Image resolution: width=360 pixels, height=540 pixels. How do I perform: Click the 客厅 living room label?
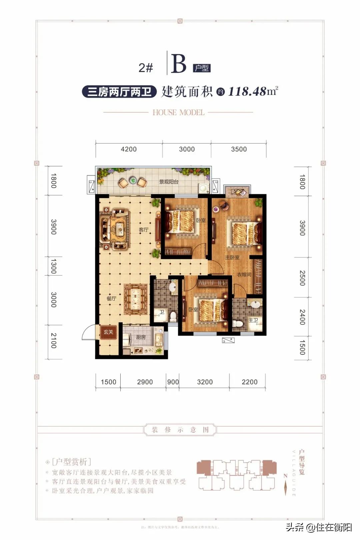tap(143, 230)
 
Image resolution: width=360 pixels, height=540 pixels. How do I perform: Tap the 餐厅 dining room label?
tap(111, 298)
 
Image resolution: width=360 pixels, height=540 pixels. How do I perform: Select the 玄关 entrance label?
tap(108, 332)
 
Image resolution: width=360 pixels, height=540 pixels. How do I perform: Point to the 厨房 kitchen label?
tap(141, 337)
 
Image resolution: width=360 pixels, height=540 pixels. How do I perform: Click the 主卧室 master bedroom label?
tap(232, 257)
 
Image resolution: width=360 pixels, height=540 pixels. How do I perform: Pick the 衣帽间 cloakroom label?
tap(244, 275)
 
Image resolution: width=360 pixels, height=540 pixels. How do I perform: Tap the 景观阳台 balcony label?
tap(169, 182)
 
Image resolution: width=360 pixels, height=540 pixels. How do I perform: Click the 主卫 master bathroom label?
tap(253, 320)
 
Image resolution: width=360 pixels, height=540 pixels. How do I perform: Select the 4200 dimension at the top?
tap(129, 149)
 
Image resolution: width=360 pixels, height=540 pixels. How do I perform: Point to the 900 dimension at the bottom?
tap(173, 382)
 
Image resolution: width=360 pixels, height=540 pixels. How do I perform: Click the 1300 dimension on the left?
tap(53, 266)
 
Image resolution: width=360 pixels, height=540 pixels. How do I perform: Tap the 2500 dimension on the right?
tap(302, 278)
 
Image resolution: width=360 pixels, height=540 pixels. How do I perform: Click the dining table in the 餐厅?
tap(136, 299)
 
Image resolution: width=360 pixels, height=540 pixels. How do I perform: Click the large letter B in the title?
tap(179, 64)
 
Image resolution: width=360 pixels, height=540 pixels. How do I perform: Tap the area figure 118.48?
tap(247, 91)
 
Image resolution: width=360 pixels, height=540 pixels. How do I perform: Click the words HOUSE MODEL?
tap(178, 112)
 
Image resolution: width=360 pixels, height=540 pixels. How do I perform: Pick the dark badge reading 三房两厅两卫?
tap(119, 91)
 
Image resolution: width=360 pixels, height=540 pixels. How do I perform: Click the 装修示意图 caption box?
tap(180, 430)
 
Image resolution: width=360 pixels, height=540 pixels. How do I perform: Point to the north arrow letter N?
tap(285, 476)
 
